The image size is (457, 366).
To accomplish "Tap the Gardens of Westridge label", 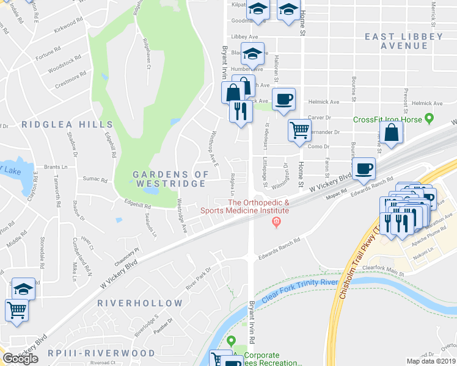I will coord(170,179).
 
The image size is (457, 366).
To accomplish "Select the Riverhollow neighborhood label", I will coord(140,303).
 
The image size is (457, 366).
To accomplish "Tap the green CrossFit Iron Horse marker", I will coord(429,118).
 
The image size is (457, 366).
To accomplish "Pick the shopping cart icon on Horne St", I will coord(299,130).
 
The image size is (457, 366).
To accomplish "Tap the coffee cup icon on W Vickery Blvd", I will coord(364,169).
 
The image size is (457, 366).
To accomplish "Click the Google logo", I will coord(20,359).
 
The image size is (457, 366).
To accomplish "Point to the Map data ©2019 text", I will coord(431,361).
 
